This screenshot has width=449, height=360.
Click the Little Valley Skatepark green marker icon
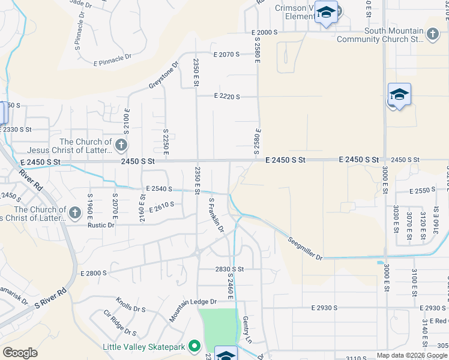194,347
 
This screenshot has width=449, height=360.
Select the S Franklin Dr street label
216,215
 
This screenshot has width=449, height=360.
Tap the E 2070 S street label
226,54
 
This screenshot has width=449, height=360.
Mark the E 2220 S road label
227,96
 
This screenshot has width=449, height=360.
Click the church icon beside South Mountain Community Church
433,34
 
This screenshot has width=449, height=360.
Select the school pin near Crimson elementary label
326,13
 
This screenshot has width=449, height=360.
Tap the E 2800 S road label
93,273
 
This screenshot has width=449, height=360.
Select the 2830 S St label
229,269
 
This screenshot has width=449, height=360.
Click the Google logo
20,352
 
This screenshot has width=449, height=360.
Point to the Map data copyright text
412,355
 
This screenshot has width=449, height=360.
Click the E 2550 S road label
422,191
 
